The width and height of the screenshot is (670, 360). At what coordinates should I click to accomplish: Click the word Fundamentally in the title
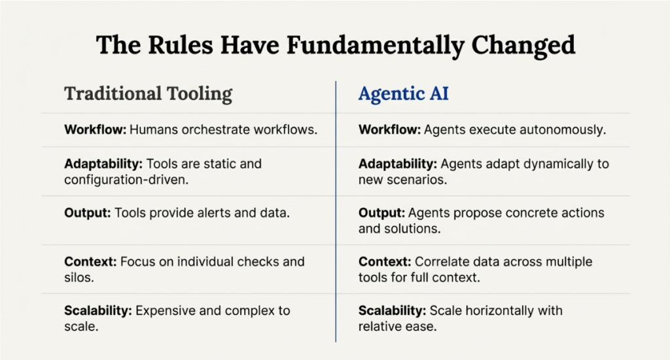click(375, 45)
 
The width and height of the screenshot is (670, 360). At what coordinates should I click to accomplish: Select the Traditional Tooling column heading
click(148, 94)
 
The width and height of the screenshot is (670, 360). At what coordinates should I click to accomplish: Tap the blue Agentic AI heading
click(403, 94)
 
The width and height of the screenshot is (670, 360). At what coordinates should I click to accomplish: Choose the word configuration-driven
click(126, 179)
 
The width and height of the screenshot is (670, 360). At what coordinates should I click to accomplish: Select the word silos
click(79, 278)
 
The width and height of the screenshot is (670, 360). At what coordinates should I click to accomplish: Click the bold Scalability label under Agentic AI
click(393, 311)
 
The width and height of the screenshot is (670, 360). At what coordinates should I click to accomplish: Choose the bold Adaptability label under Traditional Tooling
click(103, 164)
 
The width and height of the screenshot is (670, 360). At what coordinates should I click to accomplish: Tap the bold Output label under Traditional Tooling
click(88, 213)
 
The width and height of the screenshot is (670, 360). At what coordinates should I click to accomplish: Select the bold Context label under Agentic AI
click(385, 262)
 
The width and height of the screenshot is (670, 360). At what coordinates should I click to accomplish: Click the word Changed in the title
click(523, 45)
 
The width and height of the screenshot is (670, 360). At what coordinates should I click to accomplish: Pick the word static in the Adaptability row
click(219, 164)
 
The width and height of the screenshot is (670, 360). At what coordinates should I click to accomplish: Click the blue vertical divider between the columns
click(336, 211)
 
